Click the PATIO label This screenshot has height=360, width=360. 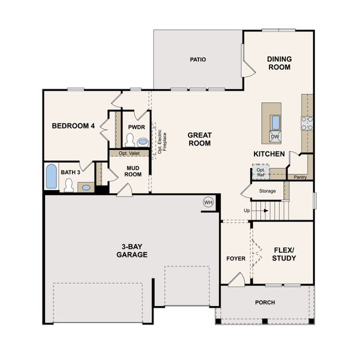[x=198, y=59]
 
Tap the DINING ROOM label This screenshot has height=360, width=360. [x=279, y=63]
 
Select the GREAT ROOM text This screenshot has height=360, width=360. [x=199, y=139]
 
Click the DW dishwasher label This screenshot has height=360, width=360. [x=275, y=137]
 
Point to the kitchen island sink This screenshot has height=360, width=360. [x=275, y=122]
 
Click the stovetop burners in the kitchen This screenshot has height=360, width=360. [x=307, y=123]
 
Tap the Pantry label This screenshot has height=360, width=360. [x=300, y=177]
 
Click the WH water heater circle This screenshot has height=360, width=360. [x=208, y=202]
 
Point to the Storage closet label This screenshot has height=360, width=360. [x=267, y=191]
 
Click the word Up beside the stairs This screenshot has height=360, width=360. [x=247, y=211]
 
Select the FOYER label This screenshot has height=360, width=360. [x=236, y=259]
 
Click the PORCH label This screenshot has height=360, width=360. [x=265, y=302]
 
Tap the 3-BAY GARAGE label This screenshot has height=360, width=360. [x=132, y=250]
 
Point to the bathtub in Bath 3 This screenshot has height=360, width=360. [x=52, y=176]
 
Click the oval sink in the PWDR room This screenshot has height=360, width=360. [x=142, y=142]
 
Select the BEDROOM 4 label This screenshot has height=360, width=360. [x=74, y=126]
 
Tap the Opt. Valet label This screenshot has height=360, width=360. [x=129, y=153]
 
